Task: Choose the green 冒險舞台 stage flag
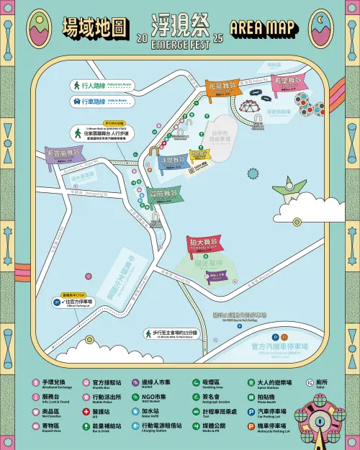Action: click(163, 194)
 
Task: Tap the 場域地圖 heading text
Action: click(94, 28)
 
